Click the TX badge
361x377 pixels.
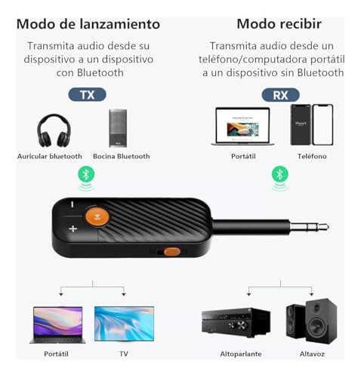(x=86, y=95)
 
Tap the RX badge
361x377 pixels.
(x=280, y=95)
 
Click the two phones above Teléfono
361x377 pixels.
(x=312, y=124)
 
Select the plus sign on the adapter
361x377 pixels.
(x=73, y=228)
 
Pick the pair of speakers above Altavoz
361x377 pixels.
(x=311, y=320)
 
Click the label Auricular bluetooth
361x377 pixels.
(x=50, y=156)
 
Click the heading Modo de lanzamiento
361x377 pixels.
(x=88, y=24)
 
